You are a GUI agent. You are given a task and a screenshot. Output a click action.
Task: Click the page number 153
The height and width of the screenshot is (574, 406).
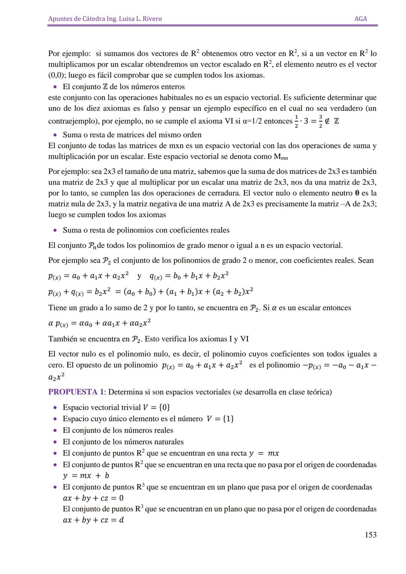point(370,535)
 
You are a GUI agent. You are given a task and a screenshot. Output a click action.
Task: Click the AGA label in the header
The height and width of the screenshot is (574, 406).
point(361,19)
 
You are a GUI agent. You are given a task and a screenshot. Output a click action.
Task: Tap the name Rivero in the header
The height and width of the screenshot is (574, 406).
point(151,19)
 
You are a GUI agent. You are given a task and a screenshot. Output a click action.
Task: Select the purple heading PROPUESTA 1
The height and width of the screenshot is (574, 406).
point(76,392)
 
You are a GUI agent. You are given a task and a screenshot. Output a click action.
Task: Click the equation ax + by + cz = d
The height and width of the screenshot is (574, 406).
point(93,520)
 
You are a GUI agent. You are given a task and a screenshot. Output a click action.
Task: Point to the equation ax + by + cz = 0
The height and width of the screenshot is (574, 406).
point(93,498)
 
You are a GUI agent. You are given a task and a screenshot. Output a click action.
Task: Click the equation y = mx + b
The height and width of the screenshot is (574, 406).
point(86,475)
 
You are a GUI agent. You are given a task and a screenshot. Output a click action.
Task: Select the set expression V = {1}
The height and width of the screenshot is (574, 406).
point(220,419)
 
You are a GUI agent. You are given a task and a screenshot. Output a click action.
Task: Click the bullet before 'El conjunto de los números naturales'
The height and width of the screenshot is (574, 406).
point(55,442)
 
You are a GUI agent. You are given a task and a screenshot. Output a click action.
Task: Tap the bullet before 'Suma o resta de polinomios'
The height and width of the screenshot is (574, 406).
point(55,230)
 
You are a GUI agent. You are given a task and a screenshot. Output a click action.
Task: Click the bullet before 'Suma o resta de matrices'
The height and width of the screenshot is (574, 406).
point(55,135)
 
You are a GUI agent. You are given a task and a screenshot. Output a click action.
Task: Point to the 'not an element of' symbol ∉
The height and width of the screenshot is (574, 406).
point(327,121)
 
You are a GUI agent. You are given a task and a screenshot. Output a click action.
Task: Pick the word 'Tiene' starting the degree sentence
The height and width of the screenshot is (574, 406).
point(58,308)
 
